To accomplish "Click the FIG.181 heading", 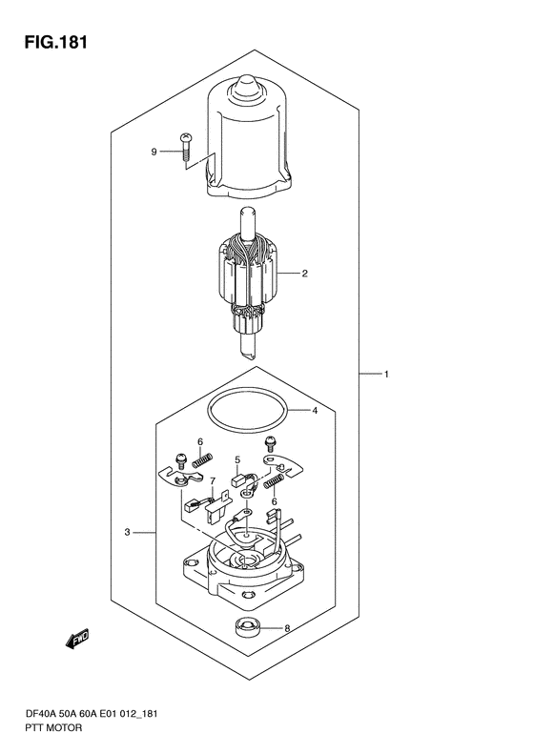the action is (56, 42).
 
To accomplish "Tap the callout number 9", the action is (154, 152).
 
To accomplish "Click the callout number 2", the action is (304, 274).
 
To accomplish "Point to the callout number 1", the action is (386, 374).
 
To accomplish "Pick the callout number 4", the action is (315, 411).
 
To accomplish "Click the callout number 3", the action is (127, 532).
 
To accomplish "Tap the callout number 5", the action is (237, 460).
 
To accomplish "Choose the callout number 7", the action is (212, 480).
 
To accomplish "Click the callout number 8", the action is (287, 628).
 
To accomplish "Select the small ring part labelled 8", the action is (247, 627).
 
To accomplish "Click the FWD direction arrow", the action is (77, 639).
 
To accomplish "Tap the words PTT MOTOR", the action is (52, 727).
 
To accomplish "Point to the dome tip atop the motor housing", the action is (247, 86).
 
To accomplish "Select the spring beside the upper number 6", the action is (202, 460).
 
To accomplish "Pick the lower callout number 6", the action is (275, 502).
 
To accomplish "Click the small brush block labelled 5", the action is (237, 479).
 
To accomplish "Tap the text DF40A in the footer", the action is (37, 714).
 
